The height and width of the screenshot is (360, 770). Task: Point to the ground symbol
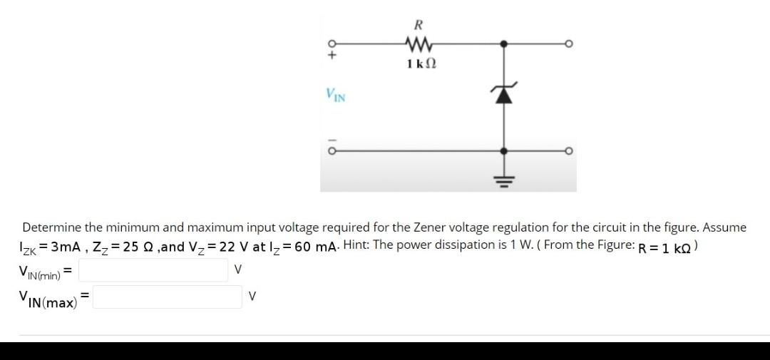click(x=504, y=179)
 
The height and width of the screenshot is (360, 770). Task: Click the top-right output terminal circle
click(x=568, y=43)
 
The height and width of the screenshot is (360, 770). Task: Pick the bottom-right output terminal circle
click(x=568, y=151)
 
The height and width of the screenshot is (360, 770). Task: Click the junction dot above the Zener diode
click(x=504, y=43)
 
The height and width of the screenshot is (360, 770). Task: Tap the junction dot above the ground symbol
click(x=504, y=151)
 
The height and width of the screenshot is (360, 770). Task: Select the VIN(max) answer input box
click(x=167, y=297)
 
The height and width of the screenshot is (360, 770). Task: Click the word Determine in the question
click(x=51, y=227)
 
